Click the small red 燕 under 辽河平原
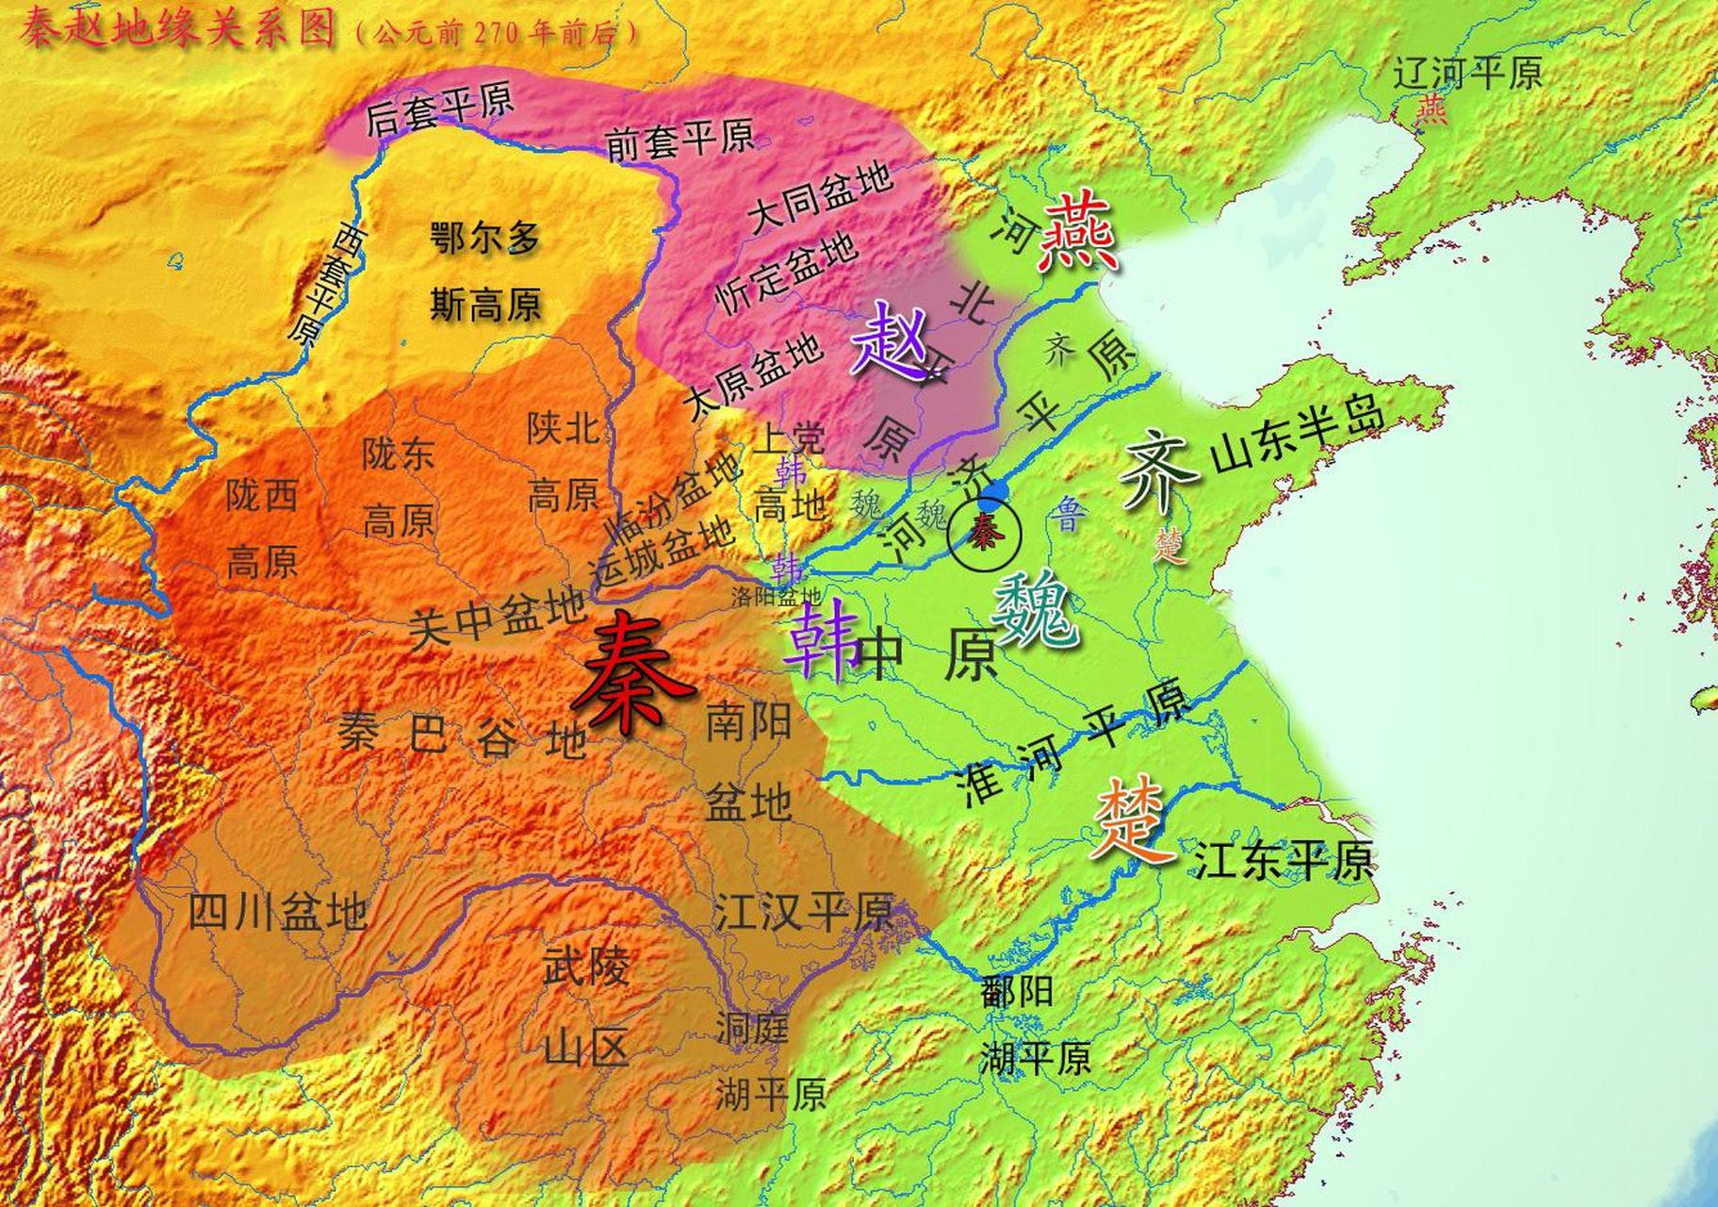1432,110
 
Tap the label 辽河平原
1468,73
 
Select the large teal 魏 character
1036,613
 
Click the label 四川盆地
278,912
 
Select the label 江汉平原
803,911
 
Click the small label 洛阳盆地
777,596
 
